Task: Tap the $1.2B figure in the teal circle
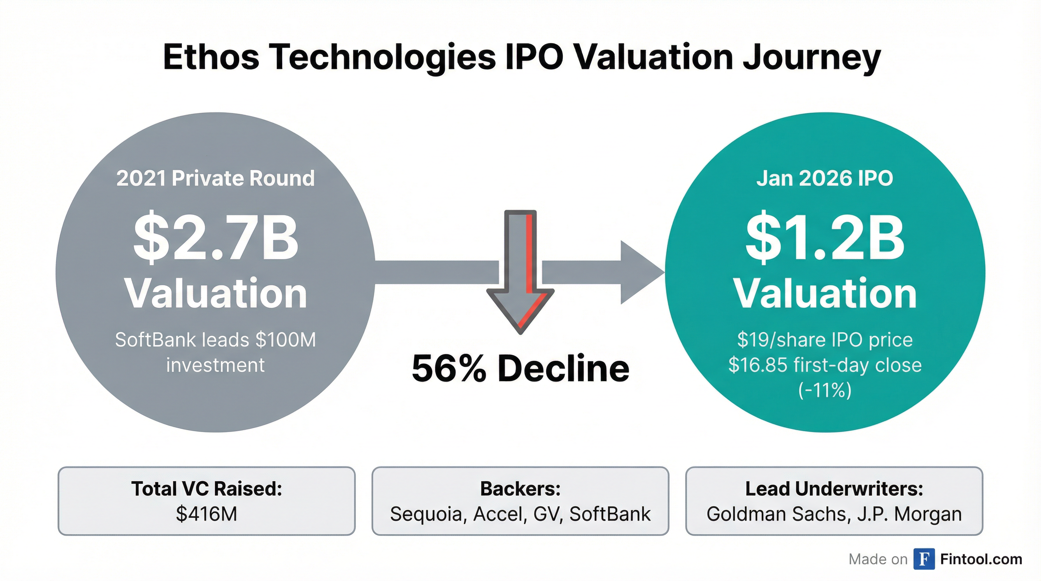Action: click(825, 238)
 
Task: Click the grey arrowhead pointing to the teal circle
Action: click(640, 272)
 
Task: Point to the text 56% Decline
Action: click(520, 368)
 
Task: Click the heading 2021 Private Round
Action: click(215, 178)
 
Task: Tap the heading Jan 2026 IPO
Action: click(825, 178)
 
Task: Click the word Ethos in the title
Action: click(211, 57)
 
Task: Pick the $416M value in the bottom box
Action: click(207, 514)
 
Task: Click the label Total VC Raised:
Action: click(207, 488)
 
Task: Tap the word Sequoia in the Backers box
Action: click(426, 514)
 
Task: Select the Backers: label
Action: click(520, 488)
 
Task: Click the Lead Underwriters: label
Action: click(834, 488)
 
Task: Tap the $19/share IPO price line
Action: click(825, 339)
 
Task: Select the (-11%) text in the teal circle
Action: click(825, 390)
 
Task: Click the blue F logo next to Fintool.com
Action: click(924, 559)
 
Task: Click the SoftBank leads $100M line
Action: click(215, 339)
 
